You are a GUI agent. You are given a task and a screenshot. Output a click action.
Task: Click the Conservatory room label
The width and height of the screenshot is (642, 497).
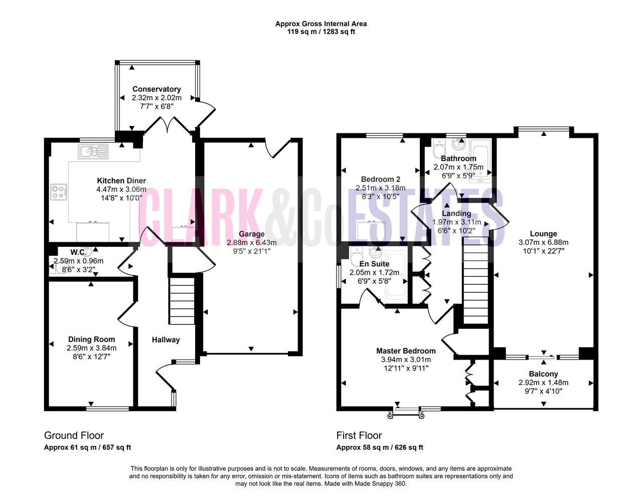click(156, 89)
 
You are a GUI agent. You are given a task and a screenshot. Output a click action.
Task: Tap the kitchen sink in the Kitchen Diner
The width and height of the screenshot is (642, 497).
click(93, 152)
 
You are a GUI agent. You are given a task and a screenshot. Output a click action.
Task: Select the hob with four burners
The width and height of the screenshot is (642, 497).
click(59, 192)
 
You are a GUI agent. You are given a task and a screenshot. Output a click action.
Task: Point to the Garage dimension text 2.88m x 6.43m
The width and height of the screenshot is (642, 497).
click(251, 243)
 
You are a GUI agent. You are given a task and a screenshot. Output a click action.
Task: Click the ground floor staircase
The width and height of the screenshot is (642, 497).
click(182, 300)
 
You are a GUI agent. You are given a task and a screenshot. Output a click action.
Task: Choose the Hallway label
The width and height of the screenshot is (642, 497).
click(166, 340)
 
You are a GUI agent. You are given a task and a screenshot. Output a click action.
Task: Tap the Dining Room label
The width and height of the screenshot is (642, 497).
click(92, 340)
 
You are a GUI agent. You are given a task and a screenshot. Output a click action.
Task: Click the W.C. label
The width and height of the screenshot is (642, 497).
click(78, 252)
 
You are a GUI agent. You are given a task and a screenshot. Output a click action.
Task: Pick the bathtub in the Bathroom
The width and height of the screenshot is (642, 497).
click(480, 160)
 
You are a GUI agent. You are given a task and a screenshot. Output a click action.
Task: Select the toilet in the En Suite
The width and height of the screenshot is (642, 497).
click(356, 256)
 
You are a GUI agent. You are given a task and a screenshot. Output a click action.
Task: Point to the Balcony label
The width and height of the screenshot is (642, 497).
click(543, 374)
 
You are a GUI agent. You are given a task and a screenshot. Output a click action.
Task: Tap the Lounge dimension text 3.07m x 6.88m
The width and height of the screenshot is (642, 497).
click(543, 242)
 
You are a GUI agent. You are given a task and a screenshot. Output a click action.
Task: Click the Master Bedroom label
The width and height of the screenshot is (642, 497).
click(406, 351)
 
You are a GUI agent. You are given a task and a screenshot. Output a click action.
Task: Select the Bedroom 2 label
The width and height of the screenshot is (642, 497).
click(381, 179)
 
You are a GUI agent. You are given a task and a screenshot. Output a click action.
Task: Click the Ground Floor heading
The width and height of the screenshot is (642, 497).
click(74, 436)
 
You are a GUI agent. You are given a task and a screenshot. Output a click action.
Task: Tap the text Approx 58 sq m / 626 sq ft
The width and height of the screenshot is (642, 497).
click(380, 447)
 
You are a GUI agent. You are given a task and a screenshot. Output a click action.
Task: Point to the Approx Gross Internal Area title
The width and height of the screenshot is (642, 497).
click(321, 24)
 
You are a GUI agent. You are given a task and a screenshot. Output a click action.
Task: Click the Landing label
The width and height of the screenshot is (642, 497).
click(456, 213)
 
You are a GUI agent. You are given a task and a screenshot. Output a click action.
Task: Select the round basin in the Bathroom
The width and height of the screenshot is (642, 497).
click(459, 144)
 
